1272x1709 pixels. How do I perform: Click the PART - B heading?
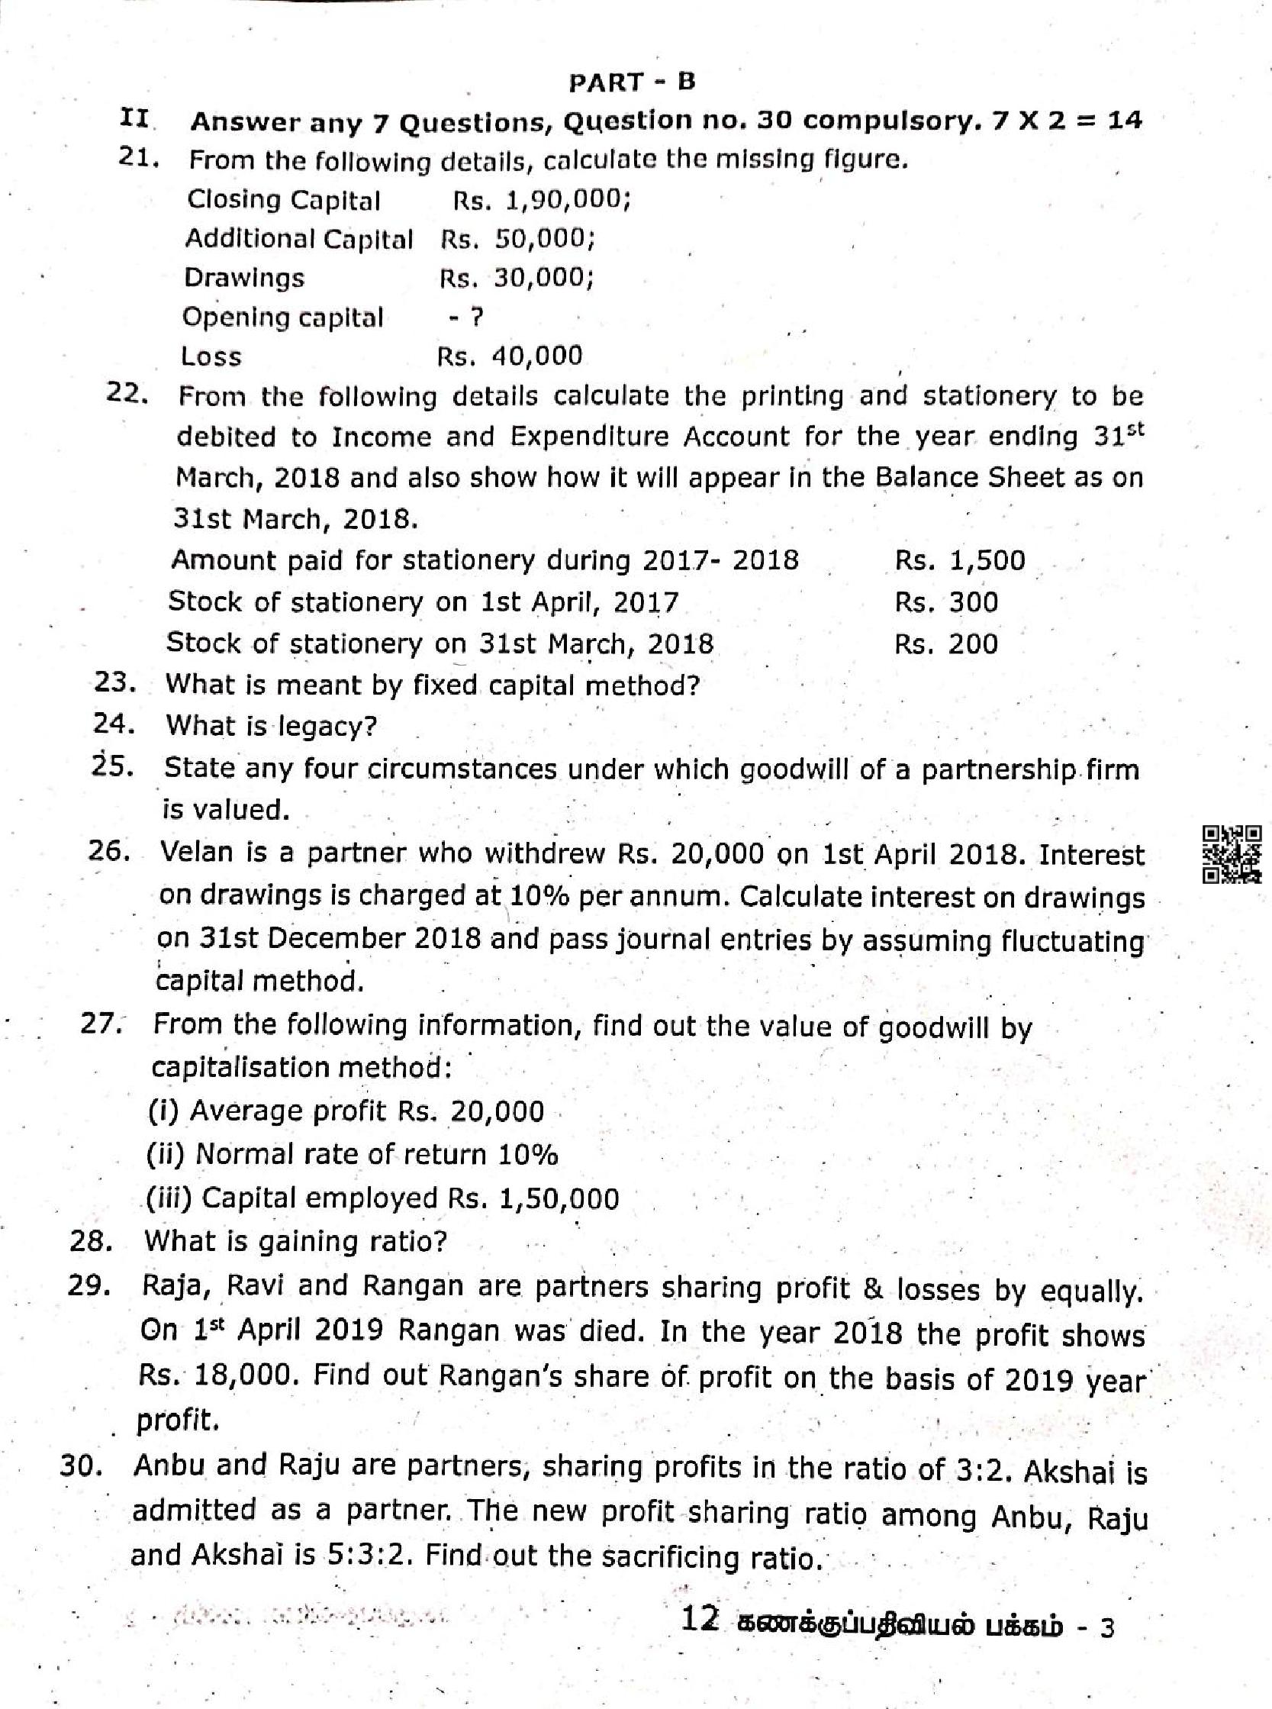click(631, 82)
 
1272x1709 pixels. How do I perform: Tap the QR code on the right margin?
click(1232, 853)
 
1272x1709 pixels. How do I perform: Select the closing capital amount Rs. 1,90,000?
click(542, 200)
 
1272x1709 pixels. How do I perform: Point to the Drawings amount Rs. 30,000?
click(517, 278)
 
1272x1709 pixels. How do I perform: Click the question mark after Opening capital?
click(477, 317)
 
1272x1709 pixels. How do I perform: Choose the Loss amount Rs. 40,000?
click(510, 356)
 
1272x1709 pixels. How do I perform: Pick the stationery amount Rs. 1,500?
click(959, 560)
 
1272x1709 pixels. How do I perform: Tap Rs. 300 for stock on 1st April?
click(945, 601)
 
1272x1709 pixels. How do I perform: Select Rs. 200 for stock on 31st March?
click(945, 643)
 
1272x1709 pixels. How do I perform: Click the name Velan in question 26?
click(195, 853)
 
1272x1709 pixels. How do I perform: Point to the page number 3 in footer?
click(1107, 1629)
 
